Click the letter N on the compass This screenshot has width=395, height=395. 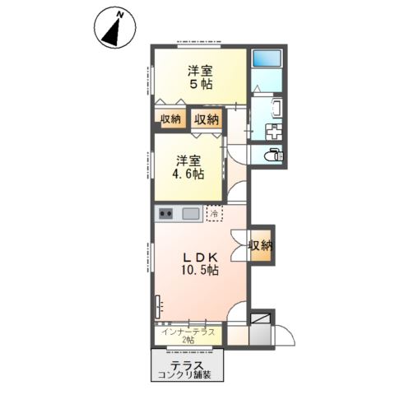(x=119, y=15)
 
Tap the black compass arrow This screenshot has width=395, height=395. (x=113, y=32)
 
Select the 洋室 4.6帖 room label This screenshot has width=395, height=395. (x=190, y=167)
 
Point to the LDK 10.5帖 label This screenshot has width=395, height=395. (x=200, y=264)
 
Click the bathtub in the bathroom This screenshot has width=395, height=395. (x=267, y=58)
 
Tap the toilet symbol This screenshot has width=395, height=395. (x=274, y=156)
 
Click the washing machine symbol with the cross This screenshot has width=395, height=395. (x=273, y=132)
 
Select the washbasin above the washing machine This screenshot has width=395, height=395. (x=276, y=108)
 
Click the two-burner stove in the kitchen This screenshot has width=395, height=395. (x=166, y=213)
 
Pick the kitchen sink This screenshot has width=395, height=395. (x=191, y=214)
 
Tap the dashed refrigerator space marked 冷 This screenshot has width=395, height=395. (x=215, y=213)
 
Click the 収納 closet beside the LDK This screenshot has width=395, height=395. (x=261, y=245)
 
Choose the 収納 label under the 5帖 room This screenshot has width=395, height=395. (x=170, y=119)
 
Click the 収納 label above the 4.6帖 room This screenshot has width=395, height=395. (x=207, y=119)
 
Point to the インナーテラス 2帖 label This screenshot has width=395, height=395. (x=188, y=336)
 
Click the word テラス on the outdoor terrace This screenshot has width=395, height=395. (x=187, y=365)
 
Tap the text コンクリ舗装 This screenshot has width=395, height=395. (x=184, y=374)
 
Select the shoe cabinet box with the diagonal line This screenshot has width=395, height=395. (x=261, y=318)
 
